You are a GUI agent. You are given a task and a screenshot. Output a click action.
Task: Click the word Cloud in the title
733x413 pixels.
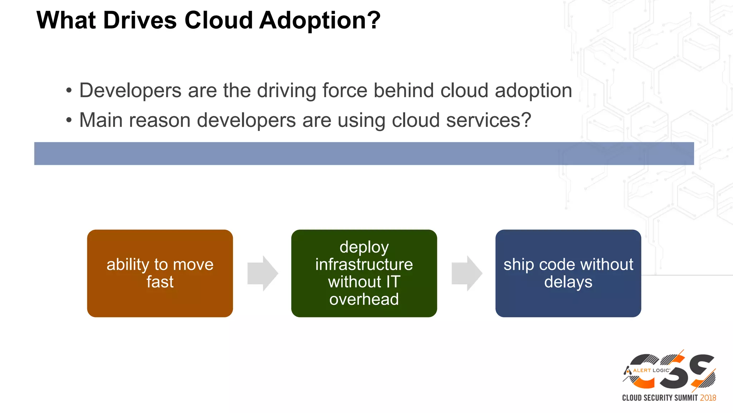pos(219,20)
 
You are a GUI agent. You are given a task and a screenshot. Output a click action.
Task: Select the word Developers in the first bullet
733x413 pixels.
pos(130,90)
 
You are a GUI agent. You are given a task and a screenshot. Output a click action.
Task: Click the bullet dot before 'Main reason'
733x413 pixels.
pos(69,120)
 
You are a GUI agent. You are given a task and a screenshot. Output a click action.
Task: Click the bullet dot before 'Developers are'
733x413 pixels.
pos(69,91)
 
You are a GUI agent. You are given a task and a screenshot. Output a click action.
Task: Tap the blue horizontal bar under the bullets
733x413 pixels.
pos(364,153)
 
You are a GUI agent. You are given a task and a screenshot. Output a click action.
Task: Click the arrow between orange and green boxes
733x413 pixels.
pos(262,273)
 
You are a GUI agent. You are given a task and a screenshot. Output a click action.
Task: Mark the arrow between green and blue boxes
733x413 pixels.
pos(467,273)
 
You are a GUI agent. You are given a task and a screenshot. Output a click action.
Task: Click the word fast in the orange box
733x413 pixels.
pos(160,282)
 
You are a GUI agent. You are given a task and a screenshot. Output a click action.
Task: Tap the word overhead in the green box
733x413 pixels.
pos(364,299)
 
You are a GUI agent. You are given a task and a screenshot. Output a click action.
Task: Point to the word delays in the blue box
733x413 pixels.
pos(568,282)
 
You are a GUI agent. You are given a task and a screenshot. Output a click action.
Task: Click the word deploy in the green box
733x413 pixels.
pos(364,247)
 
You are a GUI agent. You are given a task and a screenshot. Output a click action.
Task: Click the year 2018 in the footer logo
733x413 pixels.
pos(708,398)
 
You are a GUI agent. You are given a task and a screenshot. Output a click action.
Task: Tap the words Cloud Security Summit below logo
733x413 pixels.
pos(660,398)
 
